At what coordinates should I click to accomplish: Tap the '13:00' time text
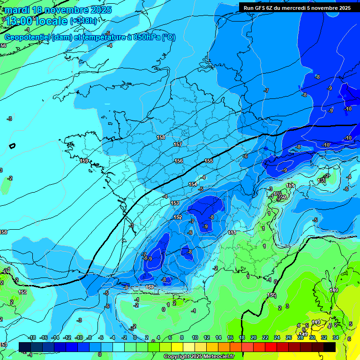[20, 21]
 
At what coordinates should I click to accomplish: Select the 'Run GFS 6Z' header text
[260, 7]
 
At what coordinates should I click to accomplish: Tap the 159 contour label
[84, 161]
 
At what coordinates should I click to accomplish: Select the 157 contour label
[177, 144]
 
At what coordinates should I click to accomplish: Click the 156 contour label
[179, 161]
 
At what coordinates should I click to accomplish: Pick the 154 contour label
[193, 184]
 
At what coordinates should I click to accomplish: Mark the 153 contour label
[175, 203]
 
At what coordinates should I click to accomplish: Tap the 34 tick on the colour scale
[336, 337]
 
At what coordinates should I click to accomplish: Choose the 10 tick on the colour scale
[195, 337]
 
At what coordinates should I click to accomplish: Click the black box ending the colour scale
[329, 347]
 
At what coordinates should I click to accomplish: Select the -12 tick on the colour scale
[67, 337]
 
